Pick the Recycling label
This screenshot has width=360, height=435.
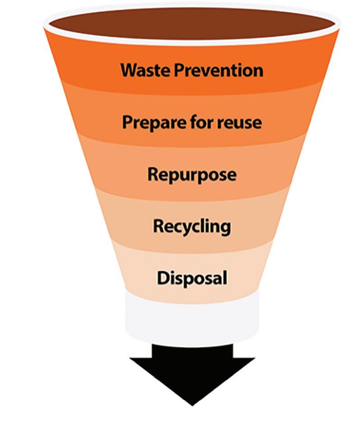tap(192, 226)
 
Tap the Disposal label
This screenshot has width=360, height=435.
tap(192, 278)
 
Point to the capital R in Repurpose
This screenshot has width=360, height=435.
tap(154, 174)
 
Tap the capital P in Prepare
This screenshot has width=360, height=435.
tap(128, 123)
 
